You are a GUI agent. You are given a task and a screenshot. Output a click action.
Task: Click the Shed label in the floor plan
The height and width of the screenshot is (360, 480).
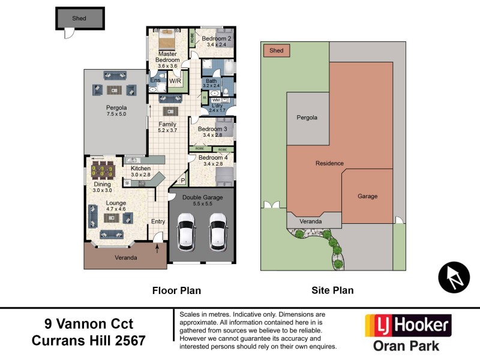tap(79, 19)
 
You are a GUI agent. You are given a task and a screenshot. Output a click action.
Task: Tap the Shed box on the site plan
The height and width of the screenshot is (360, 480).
tap(277, 51)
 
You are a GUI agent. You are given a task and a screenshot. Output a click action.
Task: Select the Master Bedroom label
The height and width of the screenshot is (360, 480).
tap(168, 57)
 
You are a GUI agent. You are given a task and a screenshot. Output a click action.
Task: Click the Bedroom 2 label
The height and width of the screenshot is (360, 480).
tap(216, 41)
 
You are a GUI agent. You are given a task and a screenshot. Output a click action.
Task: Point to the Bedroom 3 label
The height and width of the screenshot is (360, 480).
tap(212, 132)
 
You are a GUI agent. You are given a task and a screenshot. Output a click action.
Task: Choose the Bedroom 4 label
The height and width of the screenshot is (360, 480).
tap(212, 160)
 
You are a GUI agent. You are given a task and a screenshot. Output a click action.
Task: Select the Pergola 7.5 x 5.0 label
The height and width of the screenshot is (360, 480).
tap(116, 111)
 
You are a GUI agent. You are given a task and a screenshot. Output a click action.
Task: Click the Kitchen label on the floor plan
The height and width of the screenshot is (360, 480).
tap(140, 172)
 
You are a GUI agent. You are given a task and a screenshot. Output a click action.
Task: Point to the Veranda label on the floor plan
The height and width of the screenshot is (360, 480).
tap(125, 258)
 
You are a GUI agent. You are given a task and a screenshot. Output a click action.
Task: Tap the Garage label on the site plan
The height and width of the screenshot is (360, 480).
tap(367, 196)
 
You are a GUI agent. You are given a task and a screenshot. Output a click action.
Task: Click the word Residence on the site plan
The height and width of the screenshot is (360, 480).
tap(329, 163)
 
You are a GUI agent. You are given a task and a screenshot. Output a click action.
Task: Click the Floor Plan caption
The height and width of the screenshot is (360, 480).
tap(176, 290)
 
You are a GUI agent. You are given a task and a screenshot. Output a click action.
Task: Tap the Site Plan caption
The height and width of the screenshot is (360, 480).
tap(332, 290)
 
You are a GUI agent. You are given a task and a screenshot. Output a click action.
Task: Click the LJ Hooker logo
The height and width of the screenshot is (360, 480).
tap(408, 326)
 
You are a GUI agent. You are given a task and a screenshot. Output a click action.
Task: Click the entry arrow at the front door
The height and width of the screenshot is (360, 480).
tap(157, 242)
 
